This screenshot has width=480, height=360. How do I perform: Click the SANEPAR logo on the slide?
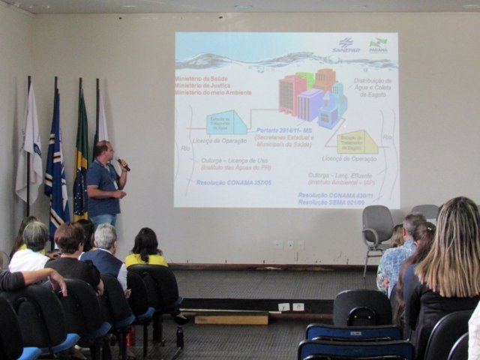click(346, 45)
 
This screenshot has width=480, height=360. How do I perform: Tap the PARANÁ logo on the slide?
click(378, 45)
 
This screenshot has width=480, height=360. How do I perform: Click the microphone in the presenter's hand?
click(123, 163)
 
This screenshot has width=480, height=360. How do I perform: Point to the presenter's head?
click(103, 149)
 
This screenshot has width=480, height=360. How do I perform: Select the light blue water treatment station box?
click(226, 121)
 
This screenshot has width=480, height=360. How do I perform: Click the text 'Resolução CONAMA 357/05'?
click(233, 182)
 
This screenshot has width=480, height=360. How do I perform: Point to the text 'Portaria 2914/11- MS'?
click(285, 130)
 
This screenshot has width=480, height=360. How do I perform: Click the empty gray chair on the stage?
click(376, 229)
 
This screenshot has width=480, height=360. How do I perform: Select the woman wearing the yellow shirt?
click(145, 251)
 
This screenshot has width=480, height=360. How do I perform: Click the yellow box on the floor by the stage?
click(230, 318)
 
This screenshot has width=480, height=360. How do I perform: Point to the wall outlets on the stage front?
click(291, 307)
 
